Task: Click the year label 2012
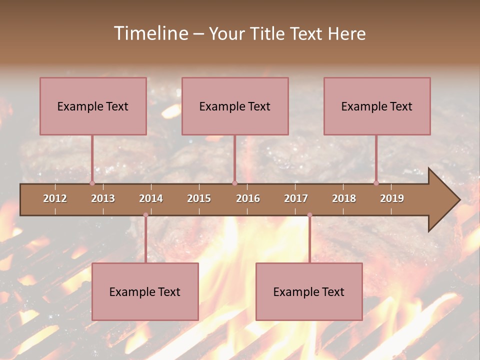point(55,198)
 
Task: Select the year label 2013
point(103,198)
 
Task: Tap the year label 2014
point(151,198)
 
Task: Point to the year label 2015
point(199,198)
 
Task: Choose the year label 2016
point(248,198)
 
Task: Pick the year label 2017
point(296,198)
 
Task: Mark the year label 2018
point(344,198)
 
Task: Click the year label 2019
point(392,198)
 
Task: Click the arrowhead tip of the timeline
point(458,200)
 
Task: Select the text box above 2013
point(93,106)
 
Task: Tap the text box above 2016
point(235,106)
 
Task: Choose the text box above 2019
point(377,106)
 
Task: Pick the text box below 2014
point(145,291)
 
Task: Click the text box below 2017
point(309,291)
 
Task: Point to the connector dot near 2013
point(92,183)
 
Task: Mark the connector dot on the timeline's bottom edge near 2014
point(145,215)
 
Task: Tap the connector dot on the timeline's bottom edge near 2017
point(309,215)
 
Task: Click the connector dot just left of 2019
point(376,183)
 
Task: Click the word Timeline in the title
point(150,33)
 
